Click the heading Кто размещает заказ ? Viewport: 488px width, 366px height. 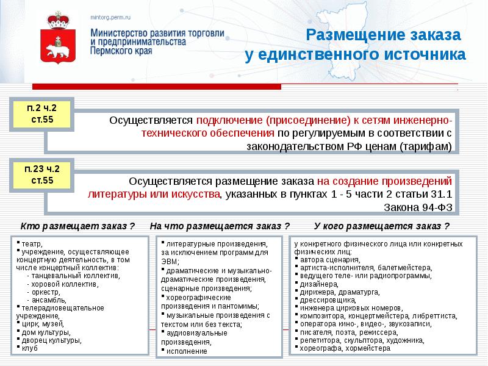click(x=77, y=226)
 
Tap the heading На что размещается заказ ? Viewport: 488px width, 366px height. click(x=219, y=226)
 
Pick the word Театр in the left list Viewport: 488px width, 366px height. click(x=29, y=243)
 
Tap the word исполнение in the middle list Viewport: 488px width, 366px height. click(x=190, y=351)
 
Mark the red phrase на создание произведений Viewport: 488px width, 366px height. click(x=384, y=181)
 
